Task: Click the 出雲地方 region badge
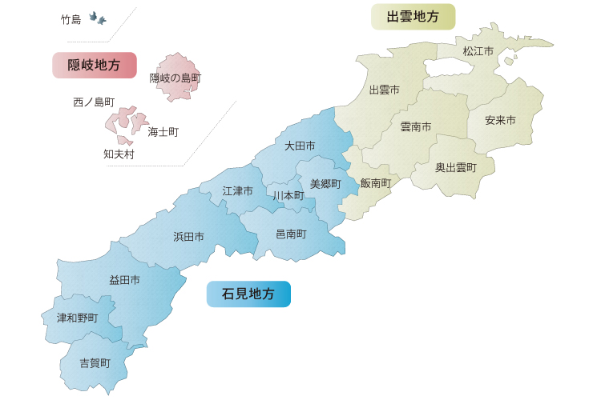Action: [x=413, y=16]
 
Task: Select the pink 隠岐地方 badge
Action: [x=94, y=66]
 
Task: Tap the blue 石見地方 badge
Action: [x=248, y=294]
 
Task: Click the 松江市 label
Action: [x=478, y=51]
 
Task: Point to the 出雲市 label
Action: [x=384, y=90]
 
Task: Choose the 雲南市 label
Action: [x=416, y=127]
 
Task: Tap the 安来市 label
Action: [x=500, y=121]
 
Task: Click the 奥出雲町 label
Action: [x=456, y=168]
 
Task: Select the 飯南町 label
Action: [x=376, y=183]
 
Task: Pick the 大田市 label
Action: [x=299, y=146]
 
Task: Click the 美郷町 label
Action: [x=325, y=184]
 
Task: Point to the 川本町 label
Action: [x=288, y=196]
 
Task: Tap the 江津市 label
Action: [x=237, y=191]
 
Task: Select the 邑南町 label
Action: [x=291, y=234]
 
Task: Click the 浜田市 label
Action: [x=188, y=237]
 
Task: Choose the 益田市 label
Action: [x=125, y=280]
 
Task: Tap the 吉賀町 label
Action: [x=95, y=363]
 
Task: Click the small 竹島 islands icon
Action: [x=98, y=18]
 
